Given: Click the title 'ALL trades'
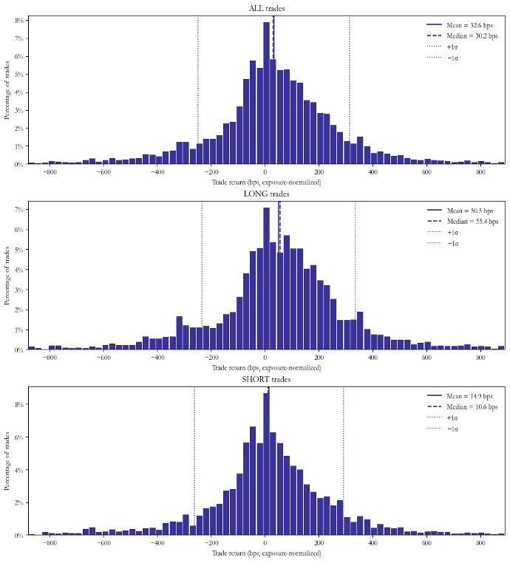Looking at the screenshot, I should (x=266, y=9).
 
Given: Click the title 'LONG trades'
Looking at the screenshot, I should (x=266, y=194).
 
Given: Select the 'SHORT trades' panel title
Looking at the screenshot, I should (x=266, y=380).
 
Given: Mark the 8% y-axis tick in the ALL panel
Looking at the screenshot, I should (x=18, y=21).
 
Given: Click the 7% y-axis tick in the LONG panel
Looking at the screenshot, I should (x=18, y=210).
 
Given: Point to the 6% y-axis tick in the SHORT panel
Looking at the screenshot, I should (x=18, y=437).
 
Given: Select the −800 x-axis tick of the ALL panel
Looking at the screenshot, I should (x=50, y=172).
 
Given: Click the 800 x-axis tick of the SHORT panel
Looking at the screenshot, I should (x=480, y=543).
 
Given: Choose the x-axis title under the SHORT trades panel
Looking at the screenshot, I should (x=266, y=552).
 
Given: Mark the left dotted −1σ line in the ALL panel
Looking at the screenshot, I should (x=198, y=89).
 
